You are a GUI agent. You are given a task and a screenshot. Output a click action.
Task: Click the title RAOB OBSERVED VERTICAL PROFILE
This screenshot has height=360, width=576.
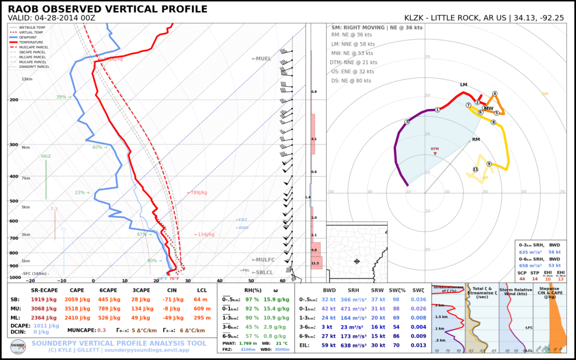107,10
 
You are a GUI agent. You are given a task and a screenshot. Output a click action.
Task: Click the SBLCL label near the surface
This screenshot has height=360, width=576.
262,272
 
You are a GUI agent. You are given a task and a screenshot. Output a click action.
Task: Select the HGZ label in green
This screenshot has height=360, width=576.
46,156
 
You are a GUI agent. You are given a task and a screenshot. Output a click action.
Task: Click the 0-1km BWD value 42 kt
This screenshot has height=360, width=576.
328,309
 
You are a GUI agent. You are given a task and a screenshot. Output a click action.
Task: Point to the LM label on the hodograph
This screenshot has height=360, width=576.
463,85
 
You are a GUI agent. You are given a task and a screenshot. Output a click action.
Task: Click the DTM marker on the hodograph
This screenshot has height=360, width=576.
434,150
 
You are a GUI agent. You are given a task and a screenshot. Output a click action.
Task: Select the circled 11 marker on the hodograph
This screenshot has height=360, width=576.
475,169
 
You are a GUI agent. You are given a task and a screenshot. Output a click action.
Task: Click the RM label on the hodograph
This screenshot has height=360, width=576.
476,139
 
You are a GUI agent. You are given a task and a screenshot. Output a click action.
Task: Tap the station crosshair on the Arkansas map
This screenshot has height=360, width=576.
357,261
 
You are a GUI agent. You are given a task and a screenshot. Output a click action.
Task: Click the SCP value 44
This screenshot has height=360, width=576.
523,278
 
